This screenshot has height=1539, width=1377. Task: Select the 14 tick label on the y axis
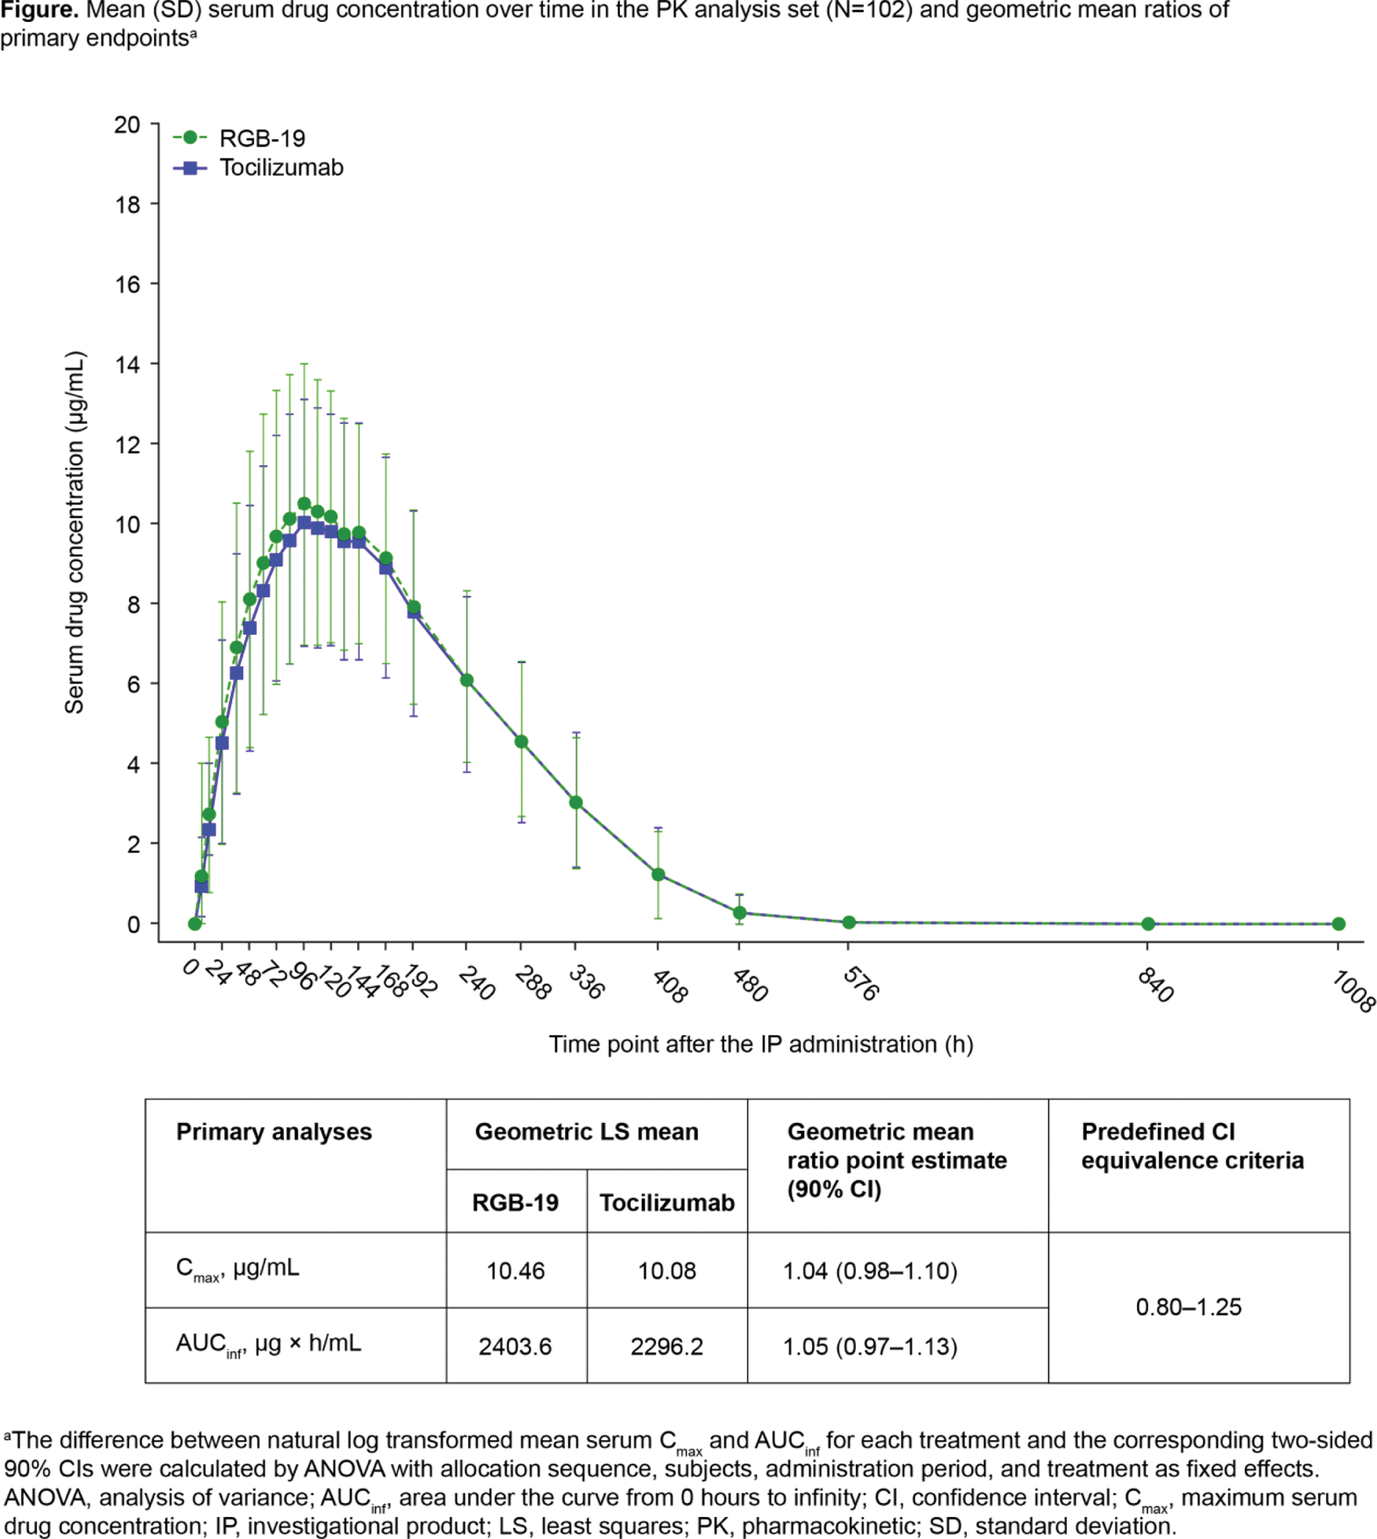pyautogui.click(x=127, y=364)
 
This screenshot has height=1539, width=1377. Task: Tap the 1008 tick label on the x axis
pyautogui.click(x=1353, y=991)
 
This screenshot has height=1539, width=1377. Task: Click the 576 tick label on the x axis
pyautogui.click(x=860, y=983)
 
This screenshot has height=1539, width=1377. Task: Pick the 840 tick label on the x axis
pyautogui.click(x=1155, y=985)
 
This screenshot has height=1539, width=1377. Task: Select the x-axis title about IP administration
pyautogui.click(x=760, y=1045)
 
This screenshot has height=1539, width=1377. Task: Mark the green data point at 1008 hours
pyautogui.click(x=1339, y=924)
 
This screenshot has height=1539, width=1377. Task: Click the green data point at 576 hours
pyautogui.click(x=849, y=922)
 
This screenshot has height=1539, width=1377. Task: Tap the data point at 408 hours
pyautogui.click(x=658, y=874)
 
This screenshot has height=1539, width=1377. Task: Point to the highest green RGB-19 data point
pyautogui.click(x=304, y=504)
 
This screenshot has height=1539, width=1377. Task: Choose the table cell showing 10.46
pyautogui.click(x=515, y=1271)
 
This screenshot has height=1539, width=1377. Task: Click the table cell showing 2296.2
pyautogui.click(x=667, y=1347)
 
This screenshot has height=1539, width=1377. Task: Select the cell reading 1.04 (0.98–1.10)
pyautogui.click(x=870, y=1271)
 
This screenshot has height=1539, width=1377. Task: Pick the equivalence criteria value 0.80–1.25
pyautogui.click(x=1189, y=1307)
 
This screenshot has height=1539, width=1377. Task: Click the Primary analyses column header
pyautogui.click(x=274, y=1132)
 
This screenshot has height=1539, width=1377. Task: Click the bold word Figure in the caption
pyautogui.click(x=39, y=10)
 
